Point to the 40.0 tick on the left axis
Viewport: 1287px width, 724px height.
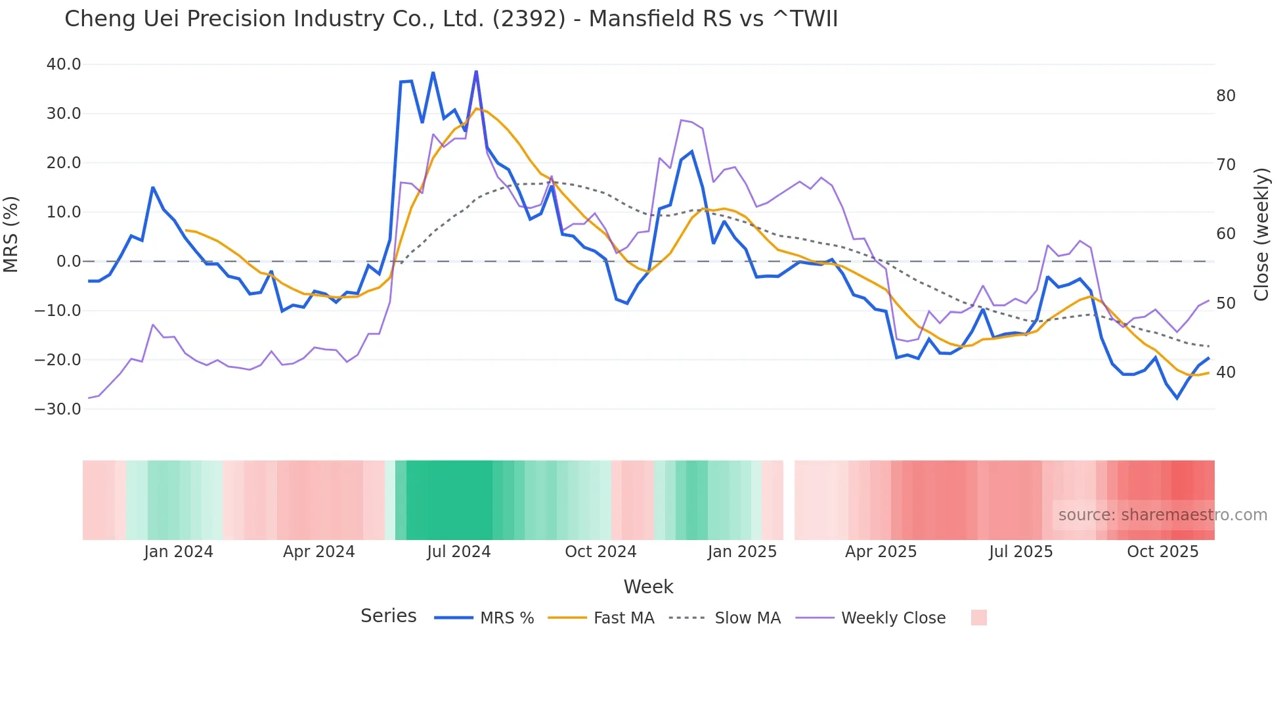64,64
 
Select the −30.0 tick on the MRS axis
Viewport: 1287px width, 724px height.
58,409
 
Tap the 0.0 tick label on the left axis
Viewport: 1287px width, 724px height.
69,261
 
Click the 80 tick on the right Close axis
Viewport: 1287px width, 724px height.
1225,96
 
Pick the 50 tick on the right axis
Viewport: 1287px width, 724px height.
1225,304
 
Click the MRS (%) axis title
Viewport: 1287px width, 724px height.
11,235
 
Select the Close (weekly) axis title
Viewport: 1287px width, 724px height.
1261,235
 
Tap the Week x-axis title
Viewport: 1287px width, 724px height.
648,587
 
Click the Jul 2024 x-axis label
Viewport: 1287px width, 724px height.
459,552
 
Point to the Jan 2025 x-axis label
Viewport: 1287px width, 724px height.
742,552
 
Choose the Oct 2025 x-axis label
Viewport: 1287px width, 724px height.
1162,552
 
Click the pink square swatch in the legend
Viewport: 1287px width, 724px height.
978,618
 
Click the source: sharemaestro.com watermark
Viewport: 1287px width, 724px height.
1162,515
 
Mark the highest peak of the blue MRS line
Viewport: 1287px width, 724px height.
476,71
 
